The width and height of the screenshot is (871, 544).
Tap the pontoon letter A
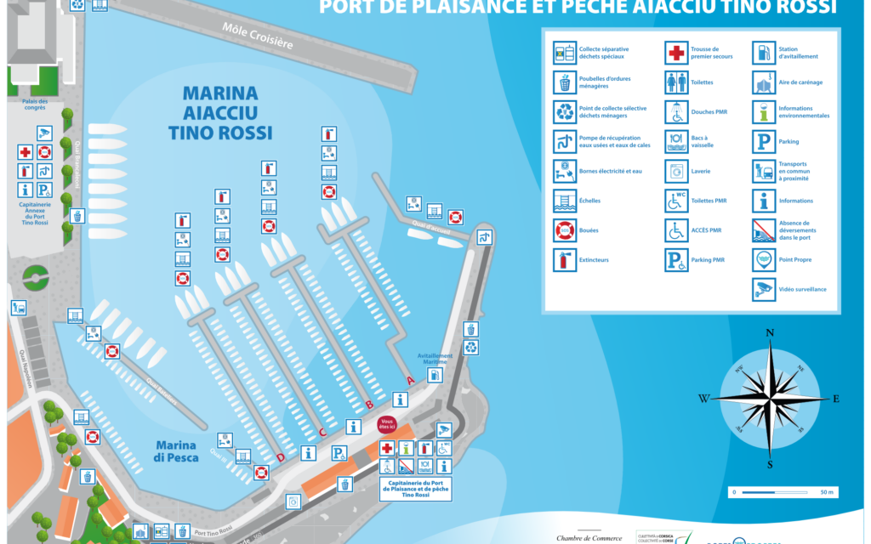coord(410,380)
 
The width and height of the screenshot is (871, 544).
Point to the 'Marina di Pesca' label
coord(177,451)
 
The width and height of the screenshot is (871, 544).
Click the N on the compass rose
coord(769,332)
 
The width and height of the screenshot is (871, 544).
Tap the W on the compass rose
coord(703,399)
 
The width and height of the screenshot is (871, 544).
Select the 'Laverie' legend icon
coord(676,171)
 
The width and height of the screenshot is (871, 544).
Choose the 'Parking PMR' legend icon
coord(676,259)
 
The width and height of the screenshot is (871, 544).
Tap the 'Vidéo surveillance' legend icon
coord(764,289)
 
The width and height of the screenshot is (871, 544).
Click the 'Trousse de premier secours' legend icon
coord(676,54)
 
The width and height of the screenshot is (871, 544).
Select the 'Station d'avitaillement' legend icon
coord(764,54)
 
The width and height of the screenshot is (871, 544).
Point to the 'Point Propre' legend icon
coord(764,259)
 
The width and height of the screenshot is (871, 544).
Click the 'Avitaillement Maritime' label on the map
coord(435,360)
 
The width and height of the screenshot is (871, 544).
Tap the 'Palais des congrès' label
coord(36,104)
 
